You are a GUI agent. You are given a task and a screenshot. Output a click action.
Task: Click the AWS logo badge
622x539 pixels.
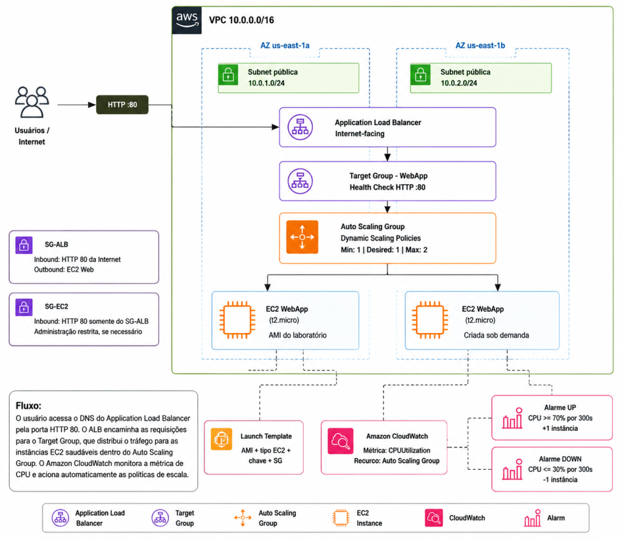pyautogui.click(x=187, y=20)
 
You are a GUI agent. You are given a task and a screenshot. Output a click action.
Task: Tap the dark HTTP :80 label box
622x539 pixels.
pyautogui.click(x=122, y=105)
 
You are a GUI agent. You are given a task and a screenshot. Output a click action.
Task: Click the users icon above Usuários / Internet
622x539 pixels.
pyautogui.click(x=32, y=102)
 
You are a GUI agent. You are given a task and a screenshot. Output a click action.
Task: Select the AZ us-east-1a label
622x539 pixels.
pyautogui.click(x=285, y=46)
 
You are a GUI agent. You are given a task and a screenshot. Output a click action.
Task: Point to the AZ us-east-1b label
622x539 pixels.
pyautogui.click(x=480, y=46)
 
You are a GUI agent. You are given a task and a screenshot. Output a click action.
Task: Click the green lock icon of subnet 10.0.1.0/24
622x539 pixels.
pyautogui.click(x=228, y=75)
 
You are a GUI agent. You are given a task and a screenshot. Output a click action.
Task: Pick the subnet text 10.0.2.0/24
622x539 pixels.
pyautogui.click(x=459, y=83)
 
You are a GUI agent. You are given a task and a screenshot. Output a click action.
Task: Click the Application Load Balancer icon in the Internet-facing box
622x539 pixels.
pyautogui.click(x=300, y=127)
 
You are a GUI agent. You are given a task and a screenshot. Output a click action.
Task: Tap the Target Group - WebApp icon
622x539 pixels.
pyautogui.click(x=300, y=181)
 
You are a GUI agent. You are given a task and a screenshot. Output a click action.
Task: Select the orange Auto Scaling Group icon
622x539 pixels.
pyautogui.click(x=302, y=237)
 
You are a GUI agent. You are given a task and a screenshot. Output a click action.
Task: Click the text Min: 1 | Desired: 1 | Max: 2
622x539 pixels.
pyautogui.click(x=384, y=250)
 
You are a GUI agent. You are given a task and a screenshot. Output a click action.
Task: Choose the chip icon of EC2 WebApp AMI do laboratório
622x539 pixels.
pyautogui.click(x=238, y=320)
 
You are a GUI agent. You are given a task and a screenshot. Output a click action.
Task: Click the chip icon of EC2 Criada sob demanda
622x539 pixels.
pyautogui.click(x=430, y=320)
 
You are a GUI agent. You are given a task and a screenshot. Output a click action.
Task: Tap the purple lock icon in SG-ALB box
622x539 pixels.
pyautogui.click(x=24, y=245)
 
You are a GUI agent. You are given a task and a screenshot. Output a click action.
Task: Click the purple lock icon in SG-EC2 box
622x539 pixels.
pyautogui.click(x=24, y=307)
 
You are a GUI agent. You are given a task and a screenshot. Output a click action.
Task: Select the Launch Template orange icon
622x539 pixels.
pyautogui.click(x=221, y=439)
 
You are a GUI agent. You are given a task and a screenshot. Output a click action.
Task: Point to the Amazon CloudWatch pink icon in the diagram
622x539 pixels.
pyautogui.click(x=340, y=441)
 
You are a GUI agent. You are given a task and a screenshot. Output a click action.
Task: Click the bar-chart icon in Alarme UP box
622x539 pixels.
pyautogui.click(x=513, y=418)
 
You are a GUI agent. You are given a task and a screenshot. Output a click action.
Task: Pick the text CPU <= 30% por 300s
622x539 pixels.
pyautogui.click(x=560, y=469)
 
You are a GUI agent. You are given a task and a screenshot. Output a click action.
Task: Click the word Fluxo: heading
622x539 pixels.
pyautogui.click(x=29, y=406)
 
